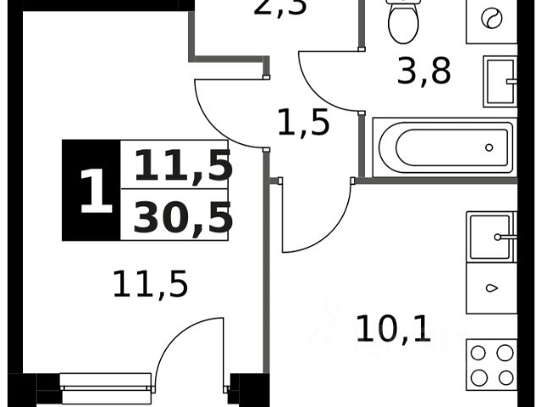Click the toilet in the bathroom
point(404,21)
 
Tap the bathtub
point(444,148)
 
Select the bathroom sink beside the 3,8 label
point(500,81)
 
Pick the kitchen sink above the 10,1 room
point(490,237)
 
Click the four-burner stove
point(491,365)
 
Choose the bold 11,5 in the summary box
point(182,165)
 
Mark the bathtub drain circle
point(489,148)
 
